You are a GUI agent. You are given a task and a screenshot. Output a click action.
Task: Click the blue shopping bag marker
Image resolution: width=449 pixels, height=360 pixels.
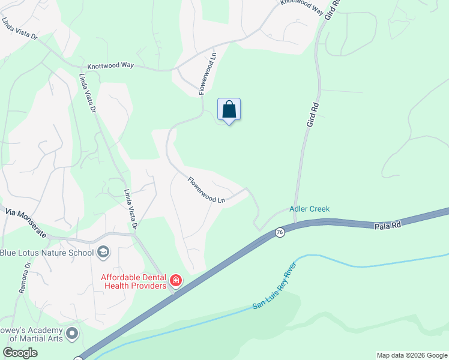pyautogui.click(x=229, y=110)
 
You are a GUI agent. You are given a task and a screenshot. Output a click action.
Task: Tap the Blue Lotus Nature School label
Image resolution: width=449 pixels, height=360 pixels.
pyautogui.click(x=47, y=252)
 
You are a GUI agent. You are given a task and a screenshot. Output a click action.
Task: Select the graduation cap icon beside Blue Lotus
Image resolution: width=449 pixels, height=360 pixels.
pyautogui.click(x=103, y=252)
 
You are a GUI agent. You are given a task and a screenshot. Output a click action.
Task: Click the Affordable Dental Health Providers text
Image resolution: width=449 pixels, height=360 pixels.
pyautogui.click(x=133, y=281)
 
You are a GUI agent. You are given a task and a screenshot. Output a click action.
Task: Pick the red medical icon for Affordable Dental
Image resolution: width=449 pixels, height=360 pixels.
pyautogui.click(x=175, y=280)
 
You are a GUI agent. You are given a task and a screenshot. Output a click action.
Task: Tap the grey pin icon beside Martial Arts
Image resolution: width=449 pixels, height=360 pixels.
pyautogui.click(x=72, y=332)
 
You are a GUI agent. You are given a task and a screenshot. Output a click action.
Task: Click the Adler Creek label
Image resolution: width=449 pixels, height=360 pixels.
pyautogui.click(x=310, y=209)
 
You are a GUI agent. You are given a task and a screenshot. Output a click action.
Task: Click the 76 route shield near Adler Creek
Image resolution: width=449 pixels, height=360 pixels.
pyautogui.click(x=280, y=232)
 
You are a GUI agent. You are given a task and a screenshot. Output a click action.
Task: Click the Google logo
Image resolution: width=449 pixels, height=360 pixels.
pyautogui.click(x=20, y=352)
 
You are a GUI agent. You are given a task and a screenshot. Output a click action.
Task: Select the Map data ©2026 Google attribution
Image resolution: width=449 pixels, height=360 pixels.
pyautogui.click(x=411, y=355)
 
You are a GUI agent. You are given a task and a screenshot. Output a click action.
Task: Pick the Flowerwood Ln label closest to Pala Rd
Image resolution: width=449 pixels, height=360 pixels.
pyautogui.click(x=206, y=190)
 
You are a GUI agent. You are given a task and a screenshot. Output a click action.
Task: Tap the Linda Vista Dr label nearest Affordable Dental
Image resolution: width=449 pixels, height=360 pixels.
pyautogui.click(x=131, y=209)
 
